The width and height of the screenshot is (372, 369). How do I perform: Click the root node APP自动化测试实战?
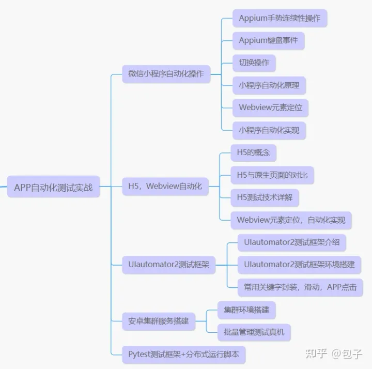coord(53,187)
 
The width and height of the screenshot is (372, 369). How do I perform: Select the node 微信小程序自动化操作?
coord(166,73)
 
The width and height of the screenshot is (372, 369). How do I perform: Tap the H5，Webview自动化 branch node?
coord(165,186)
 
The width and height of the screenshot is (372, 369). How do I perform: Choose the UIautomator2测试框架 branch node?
coord(168,265)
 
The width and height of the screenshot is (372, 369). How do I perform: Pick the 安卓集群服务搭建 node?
coord(158,321)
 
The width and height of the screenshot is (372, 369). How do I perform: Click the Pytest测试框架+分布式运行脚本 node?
coord(183,355)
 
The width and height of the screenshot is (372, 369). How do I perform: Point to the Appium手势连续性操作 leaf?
coord(279,18)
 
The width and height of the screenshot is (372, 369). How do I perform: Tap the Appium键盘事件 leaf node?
coord(268,40)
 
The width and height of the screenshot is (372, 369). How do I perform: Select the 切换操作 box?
coord(254,63)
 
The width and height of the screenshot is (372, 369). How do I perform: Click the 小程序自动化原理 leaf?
coord(269,85)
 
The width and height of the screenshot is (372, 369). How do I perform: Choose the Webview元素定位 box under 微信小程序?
coord(270,107)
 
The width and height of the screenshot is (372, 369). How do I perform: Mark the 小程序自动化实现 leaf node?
coord(269,130)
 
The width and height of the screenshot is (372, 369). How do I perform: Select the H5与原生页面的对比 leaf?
coord(272,175)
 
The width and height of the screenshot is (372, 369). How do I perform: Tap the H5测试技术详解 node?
coord(265,197)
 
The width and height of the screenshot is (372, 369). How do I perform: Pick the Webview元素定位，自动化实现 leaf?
coord(291,220)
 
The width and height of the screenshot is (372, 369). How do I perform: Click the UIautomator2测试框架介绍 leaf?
coord(291,242)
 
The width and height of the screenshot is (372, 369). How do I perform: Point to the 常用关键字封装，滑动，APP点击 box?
coord(300,287)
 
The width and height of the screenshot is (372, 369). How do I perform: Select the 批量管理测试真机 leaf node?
coord(254,332)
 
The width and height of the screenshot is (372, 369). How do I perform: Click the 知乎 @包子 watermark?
coord(333,353)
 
